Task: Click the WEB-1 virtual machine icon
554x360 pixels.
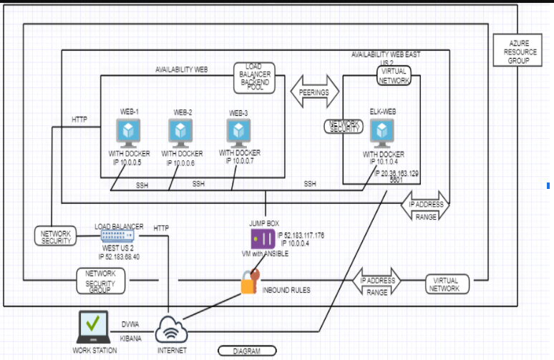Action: (x=130, y=132)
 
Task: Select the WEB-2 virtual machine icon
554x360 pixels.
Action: (x=181, y=132)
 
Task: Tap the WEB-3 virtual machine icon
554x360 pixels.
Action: (x=239, y=132)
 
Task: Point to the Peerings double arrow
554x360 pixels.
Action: (x=315, y=92)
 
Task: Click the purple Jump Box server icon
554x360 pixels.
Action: (x=262, y=238)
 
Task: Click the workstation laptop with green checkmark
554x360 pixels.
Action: (x=92, y=326)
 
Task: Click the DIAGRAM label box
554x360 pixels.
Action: (x=246, y=351)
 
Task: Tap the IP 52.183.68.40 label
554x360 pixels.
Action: (x=119, y=256)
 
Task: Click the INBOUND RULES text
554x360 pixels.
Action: (x=286, y=290)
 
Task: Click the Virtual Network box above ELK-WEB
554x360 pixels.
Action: (x=394, y=77)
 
